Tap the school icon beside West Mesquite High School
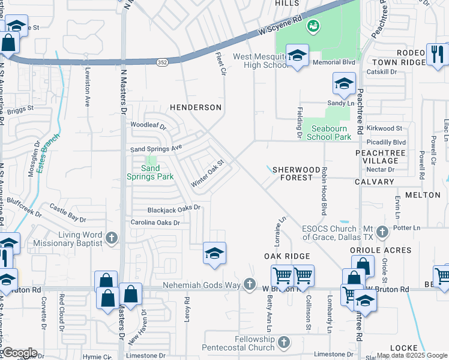point(297,56)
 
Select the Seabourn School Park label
point(329,132)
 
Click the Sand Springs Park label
point(149,172)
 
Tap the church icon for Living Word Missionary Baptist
point(110,239)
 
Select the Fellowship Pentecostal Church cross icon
point(285,343)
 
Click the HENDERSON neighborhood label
point(196,107)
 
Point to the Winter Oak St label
point(207,172)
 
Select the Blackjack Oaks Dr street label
point(173,209)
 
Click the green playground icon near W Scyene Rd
point(312,26)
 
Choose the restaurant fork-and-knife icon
point(437,55)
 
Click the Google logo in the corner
point(19,353)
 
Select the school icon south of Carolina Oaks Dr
point(214,253)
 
